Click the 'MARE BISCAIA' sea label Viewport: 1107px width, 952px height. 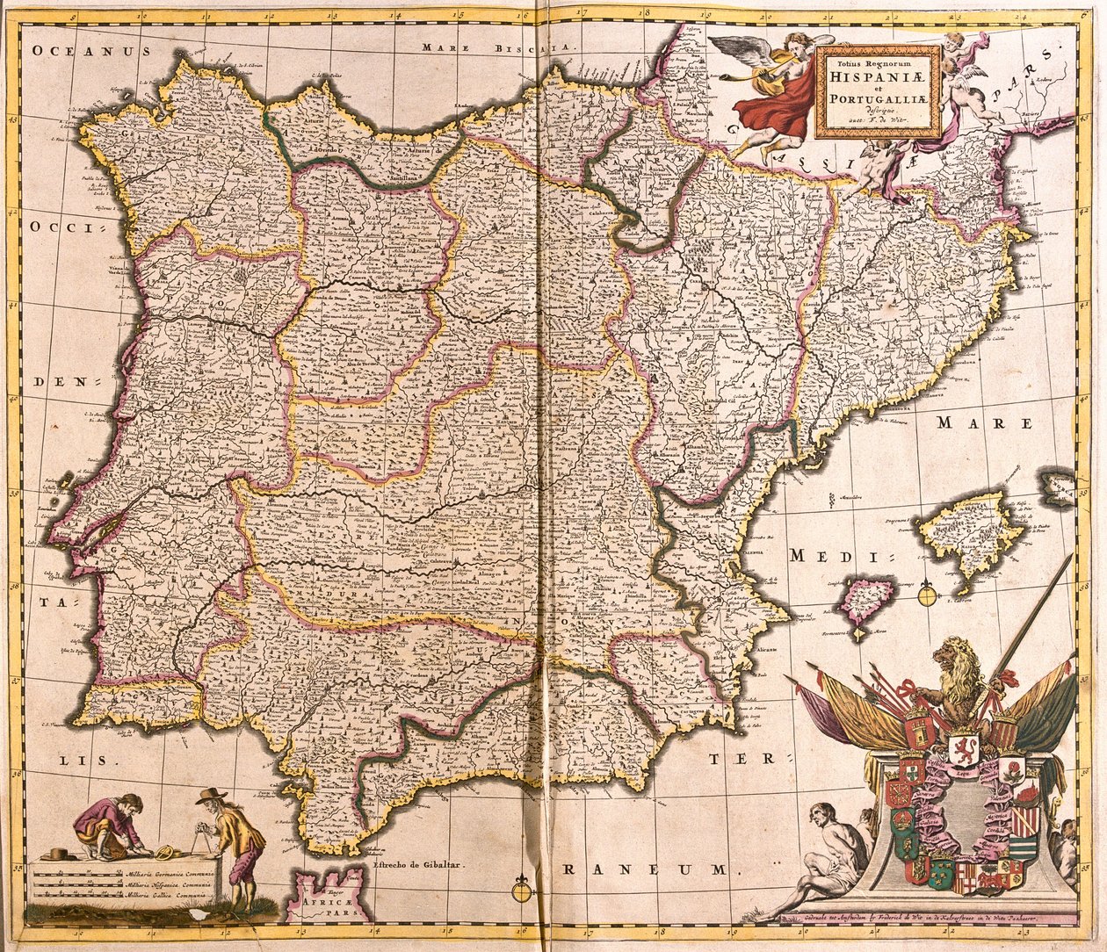tap(497, 47)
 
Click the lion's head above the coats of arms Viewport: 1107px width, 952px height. tap(957, 660)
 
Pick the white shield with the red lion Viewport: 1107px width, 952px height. tap(963, 752)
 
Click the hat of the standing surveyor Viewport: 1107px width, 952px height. tap(210, 796)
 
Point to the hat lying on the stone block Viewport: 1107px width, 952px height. tap(61, 854)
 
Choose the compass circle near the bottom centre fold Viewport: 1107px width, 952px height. tap(523, 891)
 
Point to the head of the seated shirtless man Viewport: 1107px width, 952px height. tap(822, 812)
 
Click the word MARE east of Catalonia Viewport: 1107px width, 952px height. tap(983, 422)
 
